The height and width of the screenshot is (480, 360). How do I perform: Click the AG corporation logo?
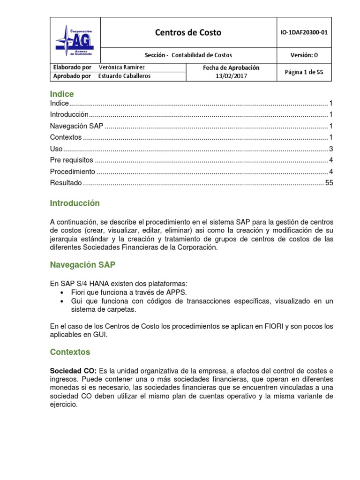(75, 40)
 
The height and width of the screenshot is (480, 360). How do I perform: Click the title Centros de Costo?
(188, 32)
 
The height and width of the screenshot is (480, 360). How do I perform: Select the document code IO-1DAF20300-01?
(304, 32)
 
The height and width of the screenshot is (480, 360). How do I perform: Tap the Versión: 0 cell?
(304, 55)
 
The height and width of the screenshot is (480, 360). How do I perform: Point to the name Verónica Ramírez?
(122, 67)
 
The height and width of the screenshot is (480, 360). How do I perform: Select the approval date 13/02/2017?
(231, 76)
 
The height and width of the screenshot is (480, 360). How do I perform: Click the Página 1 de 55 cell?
(304, 72)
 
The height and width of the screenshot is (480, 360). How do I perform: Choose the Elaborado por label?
(72, 67)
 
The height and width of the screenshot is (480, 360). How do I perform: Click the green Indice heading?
(62, 94)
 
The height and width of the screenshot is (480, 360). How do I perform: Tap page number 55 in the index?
(329, 183)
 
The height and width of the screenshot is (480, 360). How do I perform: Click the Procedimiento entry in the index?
(73, 172)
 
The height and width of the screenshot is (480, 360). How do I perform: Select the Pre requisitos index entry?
(72, 160)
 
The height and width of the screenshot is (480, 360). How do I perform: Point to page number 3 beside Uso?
(330, 149)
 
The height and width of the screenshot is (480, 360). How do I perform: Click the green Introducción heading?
(75, 203)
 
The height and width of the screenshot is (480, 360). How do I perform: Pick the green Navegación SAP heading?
(82, 265)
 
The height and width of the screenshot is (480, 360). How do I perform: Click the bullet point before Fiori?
(63, 292)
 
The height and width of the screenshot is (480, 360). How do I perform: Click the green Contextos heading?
(70, 352)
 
